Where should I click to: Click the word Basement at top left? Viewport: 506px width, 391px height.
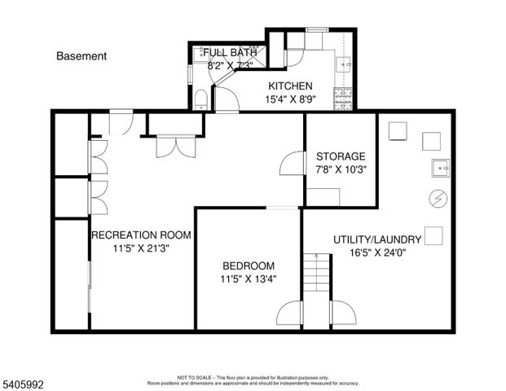tap(81, 56)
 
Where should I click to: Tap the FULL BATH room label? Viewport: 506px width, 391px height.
tap(230, 53)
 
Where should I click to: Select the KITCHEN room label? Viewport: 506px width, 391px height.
tap(290, 86)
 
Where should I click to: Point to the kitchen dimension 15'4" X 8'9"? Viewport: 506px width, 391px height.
tap(291, 99)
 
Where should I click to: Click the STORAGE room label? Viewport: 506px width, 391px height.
tap(341, 156)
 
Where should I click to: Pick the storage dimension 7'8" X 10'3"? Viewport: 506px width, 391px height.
tap(341, 169)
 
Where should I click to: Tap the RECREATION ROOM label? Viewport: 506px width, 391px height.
tap(141, 235)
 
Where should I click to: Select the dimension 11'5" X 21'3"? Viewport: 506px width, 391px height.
tap(141, 249)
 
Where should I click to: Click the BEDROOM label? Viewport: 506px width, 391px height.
tap(249, 266)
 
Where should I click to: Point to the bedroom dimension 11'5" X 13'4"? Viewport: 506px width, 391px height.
tap(249, 279)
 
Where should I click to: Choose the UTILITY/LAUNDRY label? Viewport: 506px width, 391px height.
tap(376, 239)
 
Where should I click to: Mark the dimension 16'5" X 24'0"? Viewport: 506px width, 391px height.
tap(376, 253)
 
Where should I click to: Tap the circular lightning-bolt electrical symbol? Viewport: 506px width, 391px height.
tap(437, 198)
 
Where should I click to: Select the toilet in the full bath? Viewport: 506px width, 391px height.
tap(201, 99)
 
